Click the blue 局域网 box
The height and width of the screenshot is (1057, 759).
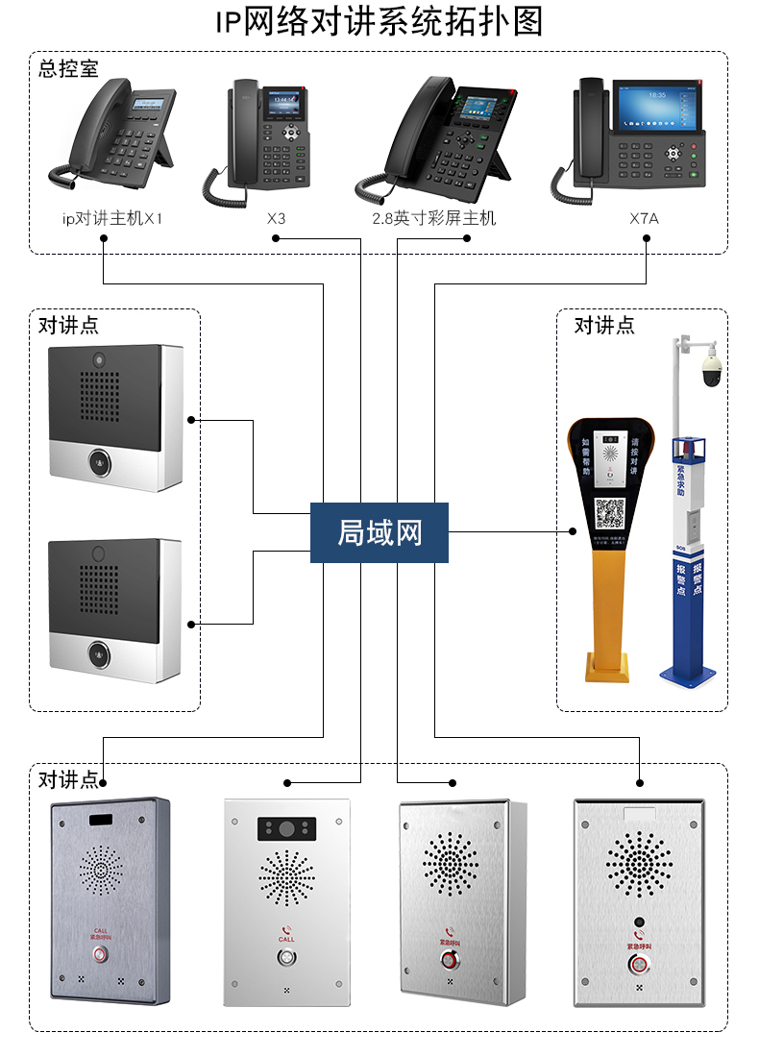pos(379,532)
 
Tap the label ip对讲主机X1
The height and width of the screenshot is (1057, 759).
pos(112,219)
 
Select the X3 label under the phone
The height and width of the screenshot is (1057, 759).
pos(277,219)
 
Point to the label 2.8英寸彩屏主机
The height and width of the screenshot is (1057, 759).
pos(434,219)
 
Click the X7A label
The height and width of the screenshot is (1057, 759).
pos(644,219)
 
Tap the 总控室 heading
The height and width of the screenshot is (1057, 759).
pos(68,69)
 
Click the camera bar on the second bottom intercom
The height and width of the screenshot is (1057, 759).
pos(285,827)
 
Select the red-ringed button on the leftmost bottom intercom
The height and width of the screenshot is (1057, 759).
pos(100,955)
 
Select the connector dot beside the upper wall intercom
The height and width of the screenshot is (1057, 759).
pos(192,420)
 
